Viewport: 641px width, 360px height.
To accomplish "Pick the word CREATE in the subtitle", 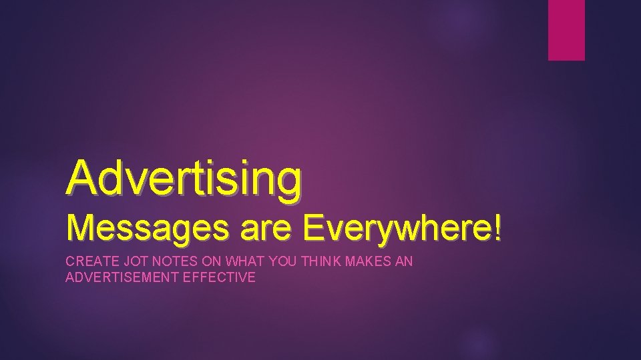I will [x=88, y=262].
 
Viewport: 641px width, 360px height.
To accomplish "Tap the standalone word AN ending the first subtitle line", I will [x=405, y=262].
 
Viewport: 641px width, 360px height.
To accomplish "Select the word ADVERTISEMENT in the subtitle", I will [x=122, y=277].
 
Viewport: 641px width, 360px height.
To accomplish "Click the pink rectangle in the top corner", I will [x=566, y=30].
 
